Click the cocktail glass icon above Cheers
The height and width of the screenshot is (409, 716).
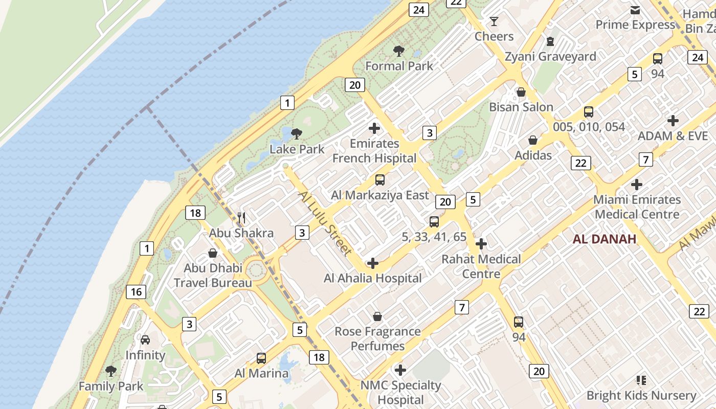pos(494,21)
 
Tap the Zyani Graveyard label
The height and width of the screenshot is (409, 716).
pos(550,57)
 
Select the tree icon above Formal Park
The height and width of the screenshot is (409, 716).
pos(399,51)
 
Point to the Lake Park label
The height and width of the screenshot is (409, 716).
pos(297,149)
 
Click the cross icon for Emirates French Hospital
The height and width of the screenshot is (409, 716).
pos(374,128)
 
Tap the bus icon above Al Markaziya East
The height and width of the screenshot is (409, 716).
pos(379,180)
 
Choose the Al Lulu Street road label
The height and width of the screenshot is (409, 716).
pos(325,223)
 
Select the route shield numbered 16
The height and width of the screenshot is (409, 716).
pos(136,292)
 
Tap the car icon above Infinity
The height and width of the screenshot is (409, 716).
pos(145,340)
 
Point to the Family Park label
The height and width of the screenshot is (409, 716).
pos(111,386)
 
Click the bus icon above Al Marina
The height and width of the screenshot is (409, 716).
pos(261,358)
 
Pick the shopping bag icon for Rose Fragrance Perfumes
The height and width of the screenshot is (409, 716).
pos(377,316)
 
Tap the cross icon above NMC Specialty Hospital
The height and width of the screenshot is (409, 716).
pos(400,370)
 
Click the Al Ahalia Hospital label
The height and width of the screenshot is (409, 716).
pos(373,278)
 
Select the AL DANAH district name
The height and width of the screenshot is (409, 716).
pos(605,239)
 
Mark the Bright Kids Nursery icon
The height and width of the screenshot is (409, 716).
pos(641,380)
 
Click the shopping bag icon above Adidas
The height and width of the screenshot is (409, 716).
pos(533,140)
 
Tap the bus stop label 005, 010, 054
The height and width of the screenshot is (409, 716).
pos(589,127)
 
